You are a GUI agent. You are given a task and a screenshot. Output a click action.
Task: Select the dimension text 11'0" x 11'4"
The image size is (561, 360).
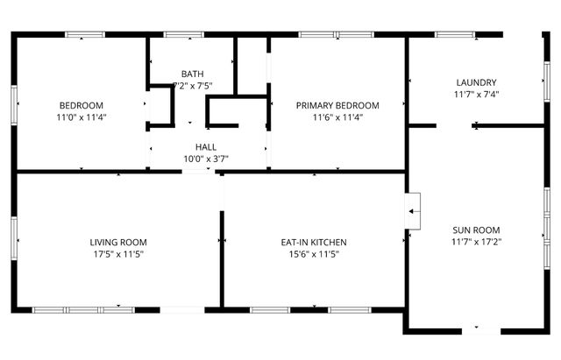[81, 116]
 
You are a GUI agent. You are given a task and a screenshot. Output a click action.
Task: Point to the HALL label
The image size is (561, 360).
[206, 147]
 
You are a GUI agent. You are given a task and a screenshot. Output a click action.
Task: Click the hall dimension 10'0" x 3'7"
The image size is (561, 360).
[206, 159]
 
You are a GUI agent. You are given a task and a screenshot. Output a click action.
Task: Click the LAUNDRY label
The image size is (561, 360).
[476, 82]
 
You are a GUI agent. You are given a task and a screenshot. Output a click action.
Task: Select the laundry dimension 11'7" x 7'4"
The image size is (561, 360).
[476, 94]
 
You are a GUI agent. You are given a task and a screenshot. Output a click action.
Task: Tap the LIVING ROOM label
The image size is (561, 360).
[118, 242]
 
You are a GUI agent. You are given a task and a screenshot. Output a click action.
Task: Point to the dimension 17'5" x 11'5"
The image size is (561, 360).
[118, 254]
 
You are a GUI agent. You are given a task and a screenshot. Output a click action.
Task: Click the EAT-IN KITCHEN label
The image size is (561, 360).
[314, 242]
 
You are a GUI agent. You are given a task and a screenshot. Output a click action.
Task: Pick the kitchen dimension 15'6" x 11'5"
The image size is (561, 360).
[314, 254]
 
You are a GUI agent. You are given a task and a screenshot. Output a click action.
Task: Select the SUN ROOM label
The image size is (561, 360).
[476, 229]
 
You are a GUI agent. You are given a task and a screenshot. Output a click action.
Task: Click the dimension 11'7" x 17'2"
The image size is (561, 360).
[476, 241]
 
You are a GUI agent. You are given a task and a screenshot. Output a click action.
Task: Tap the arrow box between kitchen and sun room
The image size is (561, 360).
[412, 209]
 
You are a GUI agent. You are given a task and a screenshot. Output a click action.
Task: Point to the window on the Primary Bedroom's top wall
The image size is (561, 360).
[326, 35]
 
